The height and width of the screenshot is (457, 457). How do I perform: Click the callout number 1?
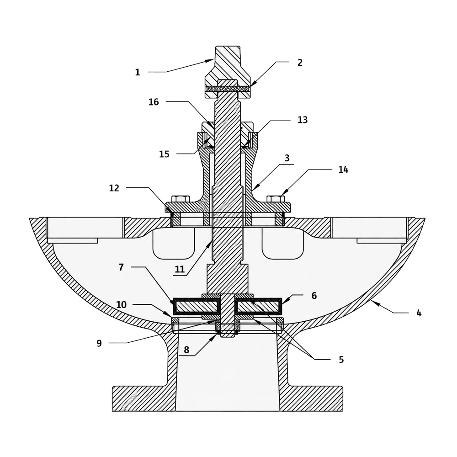pyautogui.click(x=138, y=72)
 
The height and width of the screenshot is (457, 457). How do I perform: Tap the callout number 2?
pyautogui.click(x=300, y=63)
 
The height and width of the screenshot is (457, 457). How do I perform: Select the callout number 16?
pyautogui.click(x=154, y=102)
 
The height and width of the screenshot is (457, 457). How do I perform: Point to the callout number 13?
pyautogui.click(x=302, y=120)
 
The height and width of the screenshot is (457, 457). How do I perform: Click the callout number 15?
pyautogui.click(x=164, y=154)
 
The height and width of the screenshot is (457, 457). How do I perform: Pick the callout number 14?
pyautogui.click(x=343, y=170)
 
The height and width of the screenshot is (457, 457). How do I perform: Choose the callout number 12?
pyautogui.click(x=114, y=188)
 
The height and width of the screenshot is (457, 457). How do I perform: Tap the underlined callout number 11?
pyautogui.click(x=180, y=269)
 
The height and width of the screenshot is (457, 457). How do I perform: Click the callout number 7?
pyautogui.click(x=121, y=267)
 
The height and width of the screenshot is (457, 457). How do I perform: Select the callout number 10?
pyautogui.click(x=121, y=305)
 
